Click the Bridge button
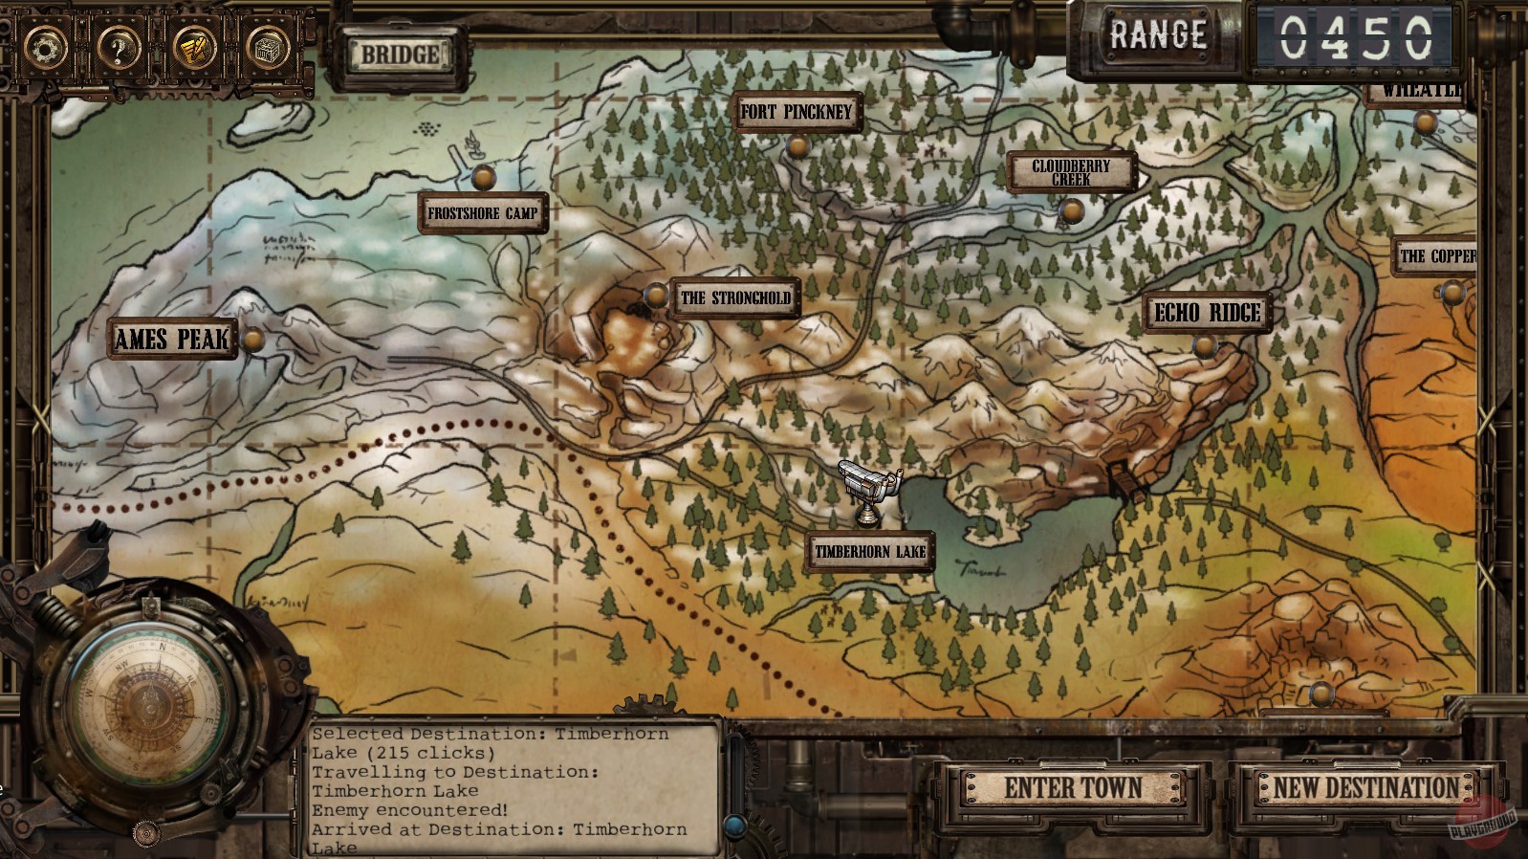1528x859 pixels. tap(399, 55)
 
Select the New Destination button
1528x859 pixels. tap(1365, 788)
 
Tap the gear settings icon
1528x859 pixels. tap(45, 46)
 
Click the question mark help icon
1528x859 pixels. tap(119, 46)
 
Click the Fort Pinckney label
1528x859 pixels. tap(796, 112)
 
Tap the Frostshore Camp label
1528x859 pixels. tap(483, 213)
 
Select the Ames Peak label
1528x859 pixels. tap(172, 339)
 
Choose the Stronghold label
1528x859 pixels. tap(735, 297)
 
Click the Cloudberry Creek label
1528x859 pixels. tap(1071, 172)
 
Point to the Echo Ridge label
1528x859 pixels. tap(1208, 313)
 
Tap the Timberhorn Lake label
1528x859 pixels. tap(869, 552)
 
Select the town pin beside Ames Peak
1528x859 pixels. tap(253, 339)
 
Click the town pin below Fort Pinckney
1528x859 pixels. tap(797, 147)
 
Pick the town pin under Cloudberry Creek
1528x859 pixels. tap(1072, 209)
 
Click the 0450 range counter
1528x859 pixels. tap(1356, 38)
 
